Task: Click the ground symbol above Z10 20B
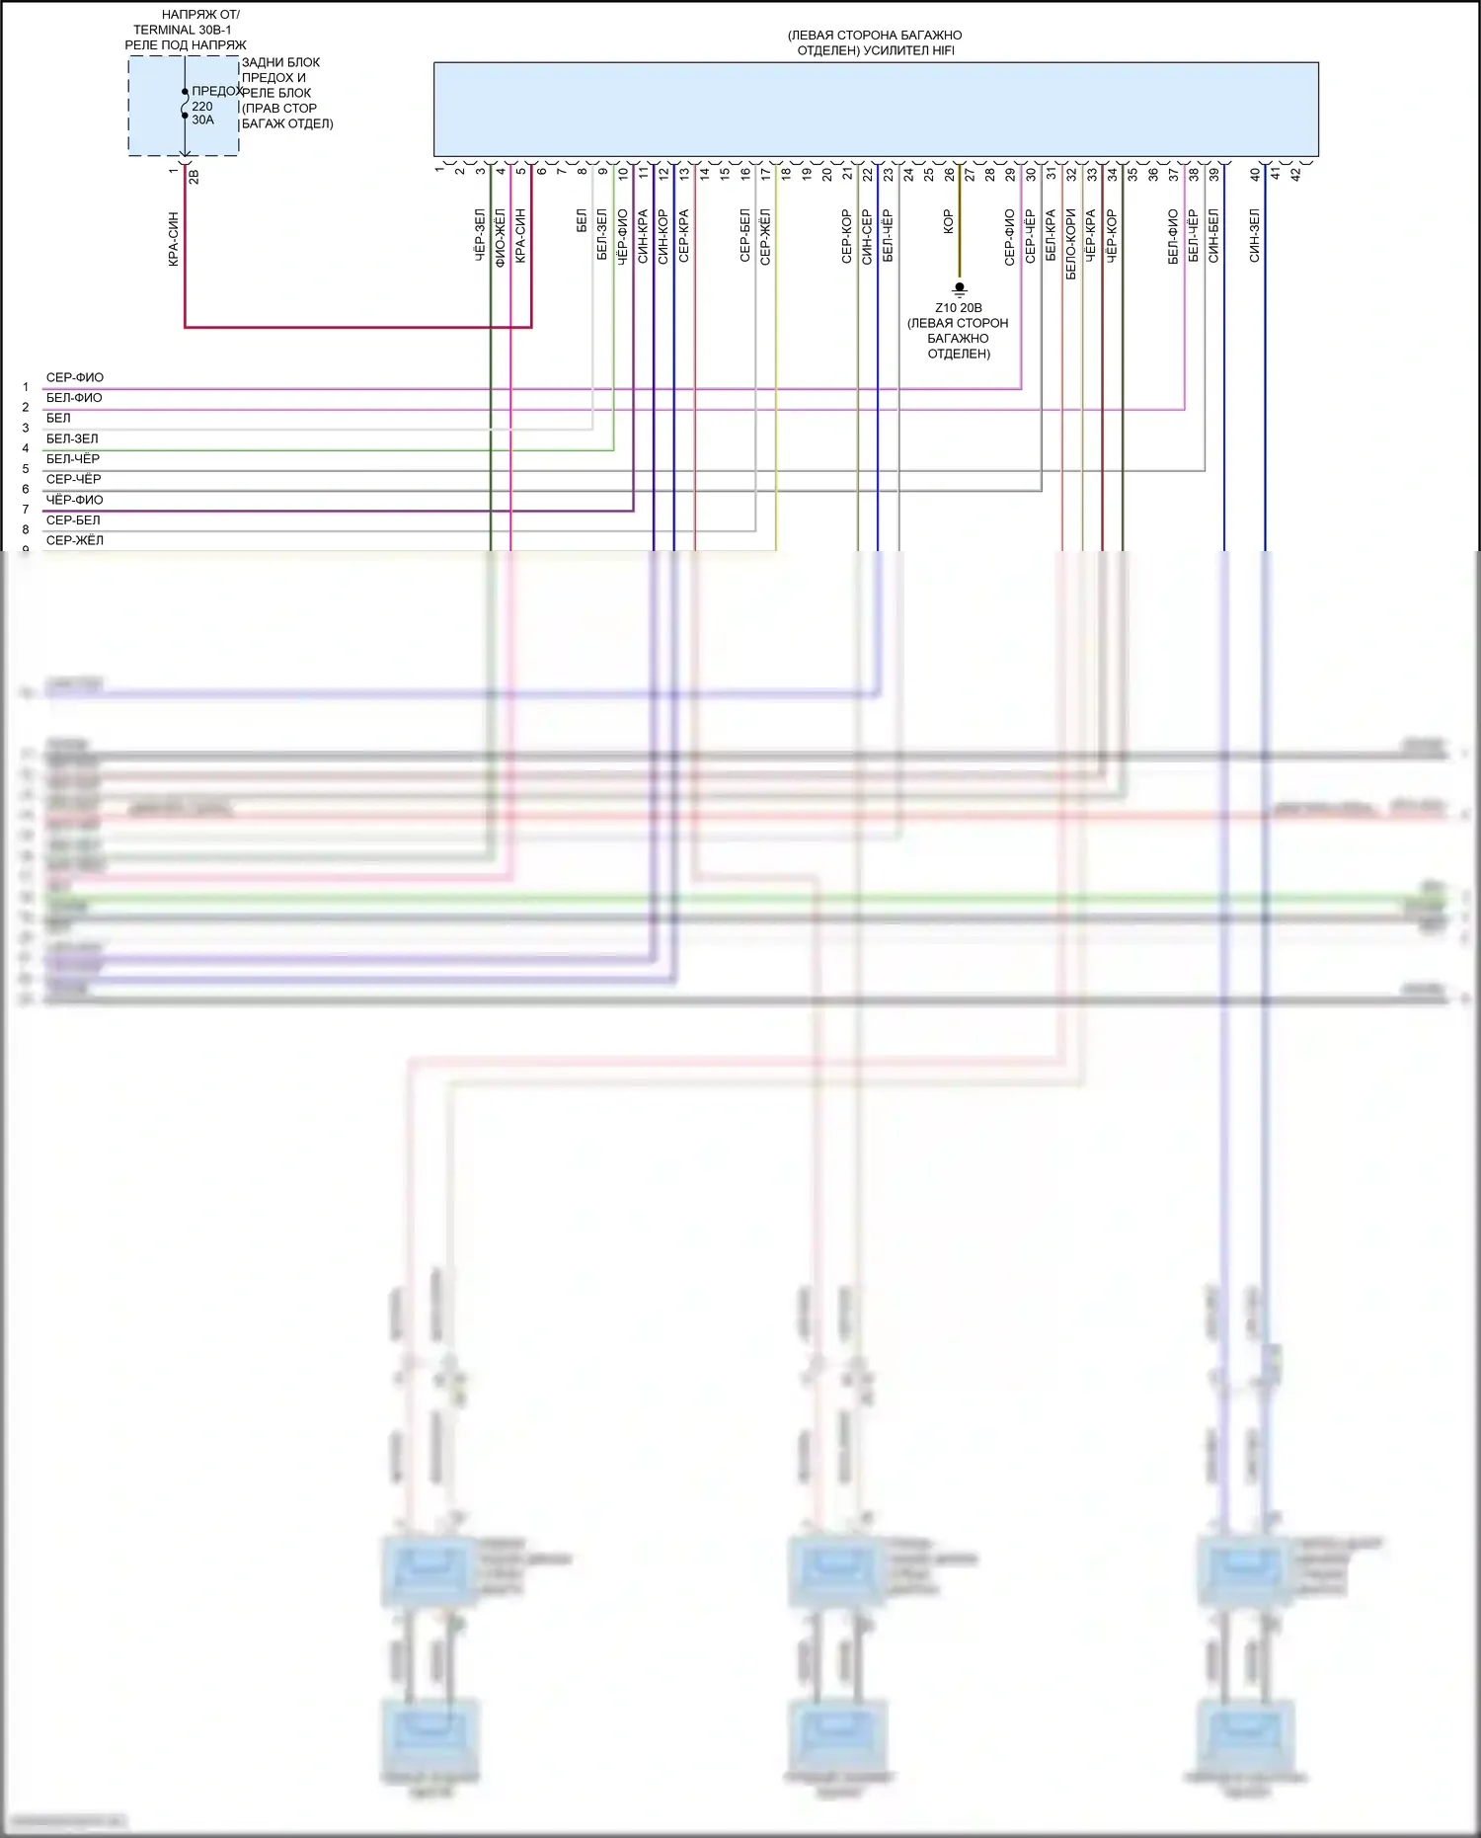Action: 959,289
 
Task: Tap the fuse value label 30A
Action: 202,120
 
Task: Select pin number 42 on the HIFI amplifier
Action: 1295,174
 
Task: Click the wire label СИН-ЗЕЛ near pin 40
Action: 1254,235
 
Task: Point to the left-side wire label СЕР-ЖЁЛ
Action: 75,540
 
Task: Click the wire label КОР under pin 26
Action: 949,221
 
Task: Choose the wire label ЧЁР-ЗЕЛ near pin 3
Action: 480,235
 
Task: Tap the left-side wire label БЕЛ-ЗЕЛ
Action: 72,439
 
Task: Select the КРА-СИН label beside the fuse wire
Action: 174,239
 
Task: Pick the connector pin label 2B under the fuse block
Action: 194,177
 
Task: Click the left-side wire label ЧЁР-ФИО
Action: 74,500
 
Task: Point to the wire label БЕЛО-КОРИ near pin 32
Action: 1070,243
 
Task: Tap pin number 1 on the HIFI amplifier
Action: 439,170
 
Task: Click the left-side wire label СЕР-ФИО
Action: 75,377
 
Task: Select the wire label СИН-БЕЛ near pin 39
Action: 1213,235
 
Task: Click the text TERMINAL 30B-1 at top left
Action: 183,30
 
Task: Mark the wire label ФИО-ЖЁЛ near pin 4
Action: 501,237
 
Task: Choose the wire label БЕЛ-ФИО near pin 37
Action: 1173,237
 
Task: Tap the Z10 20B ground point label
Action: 959,308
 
